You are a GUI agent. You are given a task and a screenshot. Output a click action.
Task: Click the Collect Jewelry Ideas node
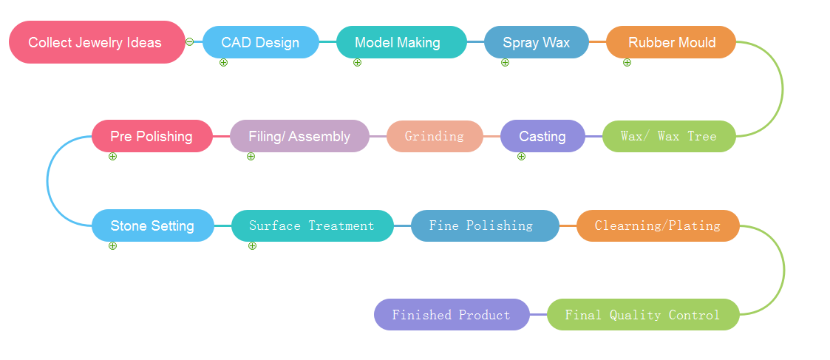tap(96, 42)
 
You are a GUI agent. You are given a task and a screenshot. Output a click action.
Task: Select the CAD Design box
tap(260, 42)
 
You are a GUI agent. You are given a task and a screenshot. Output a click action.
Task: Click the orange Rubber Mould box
tap(671, 42)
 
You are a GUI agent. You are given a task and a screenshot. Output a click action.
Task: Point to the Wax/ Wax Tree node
tap(668, 136)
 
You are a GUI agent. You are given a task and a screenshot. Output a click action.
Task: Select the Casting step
tap(542, 136)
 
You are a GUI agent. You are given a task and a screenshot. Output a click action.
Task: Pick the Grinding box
tap(434, 136)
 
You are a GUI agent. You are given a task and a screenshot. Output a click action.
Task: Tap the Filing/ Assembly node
tap(299, 136)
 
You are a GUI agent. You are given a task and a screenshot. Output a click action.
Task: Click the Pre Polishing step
tap(152, 136)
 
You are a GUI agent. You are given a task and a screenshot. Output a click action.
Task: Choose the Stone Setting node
tap(152, 225)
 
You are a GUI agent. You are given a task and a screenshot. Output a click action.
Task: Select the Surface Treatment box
tap(312, 225)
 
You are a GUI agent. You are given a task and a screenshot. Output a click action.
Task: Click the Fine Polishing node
tap(484, 225)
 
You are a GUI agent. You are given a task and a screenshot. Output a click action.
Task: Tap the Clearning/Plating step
tap(657, 225)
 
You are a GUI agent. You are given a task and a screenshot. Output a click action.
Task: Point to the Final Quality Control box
tap(642, 315)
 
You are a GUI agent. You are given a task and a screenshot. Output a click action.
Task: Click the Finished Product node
tap(451, 315)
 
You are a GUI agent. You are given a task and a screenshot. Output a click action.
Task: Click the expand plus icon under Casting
tap(521, 156)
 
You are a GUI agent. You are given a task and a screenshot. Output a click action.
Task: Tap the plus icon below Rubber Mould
tap(627, 63)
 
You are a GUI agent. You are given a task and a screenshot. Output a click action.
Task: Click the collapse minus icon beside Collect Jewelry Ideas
tap(190, 42)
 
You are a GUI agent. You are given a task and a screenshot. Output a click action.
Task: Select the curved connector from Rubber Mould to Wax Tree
tap(781, 89)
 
